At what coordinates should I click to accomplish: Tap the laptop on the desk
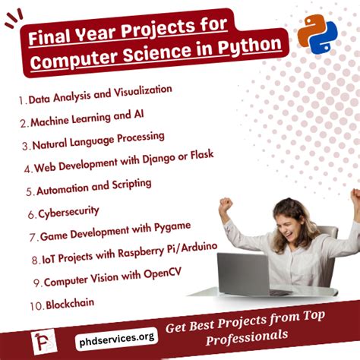(245, 273)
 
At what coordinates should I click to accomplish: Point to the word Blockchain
(71, 303)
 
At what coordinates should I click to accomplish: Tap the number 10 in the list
(36, 305)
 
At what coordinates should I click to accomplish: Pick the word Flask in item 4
(200, 154)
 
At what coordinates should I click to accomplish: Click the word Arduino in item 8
(195, 247)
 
